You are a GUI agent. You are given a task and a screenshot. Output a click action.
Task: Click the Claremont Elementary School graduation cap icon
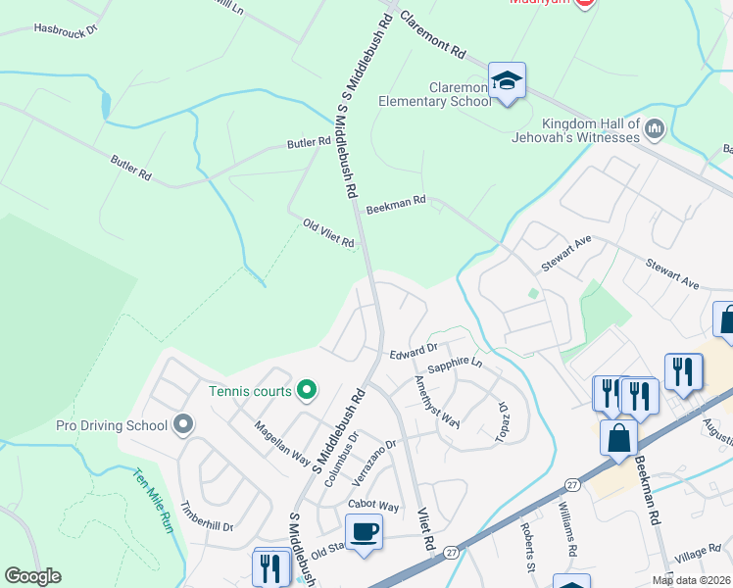[508, 80]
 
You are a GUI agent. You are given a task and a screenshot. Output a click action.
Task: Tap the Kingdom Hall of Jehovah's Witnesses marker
[656, 128]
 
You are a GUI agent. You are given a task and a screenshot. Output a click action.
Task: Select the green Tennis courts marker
[306, 391]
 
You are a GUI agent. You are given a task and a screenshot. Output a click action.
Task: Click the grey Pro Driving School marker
[182, 425]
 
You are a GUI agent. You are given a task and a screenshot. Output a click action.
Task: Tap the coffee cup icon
[364, 532]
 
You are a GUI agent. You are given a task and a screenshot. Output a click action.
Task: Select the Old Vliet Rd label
[328, 234]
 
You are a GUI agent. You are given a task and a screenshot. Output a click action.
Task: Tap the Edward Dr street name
[412, 351]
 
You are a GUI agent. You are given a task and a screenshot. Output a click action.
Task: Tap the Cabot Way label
[373, 506]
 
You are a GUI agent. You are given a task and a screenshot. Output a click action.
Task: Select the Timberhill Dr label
[207, 517]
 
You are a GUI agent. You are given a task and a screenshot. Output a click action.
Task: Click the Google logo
[32, 576]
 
